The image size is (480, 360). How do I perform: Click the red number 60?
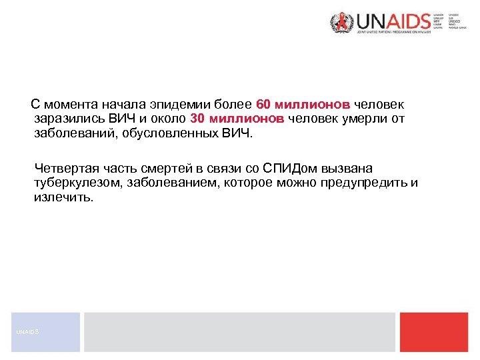[x=263, y=105]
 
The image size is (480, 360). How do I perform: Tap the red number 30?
[x=197, y=119]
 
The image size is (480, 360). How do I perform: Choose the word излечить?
[x=64, y=198]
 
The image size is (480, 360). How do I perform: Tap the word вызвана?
[x=349, y=167]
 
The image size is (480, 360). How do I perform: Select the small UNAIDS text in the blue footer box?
[x=29, y=332]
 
